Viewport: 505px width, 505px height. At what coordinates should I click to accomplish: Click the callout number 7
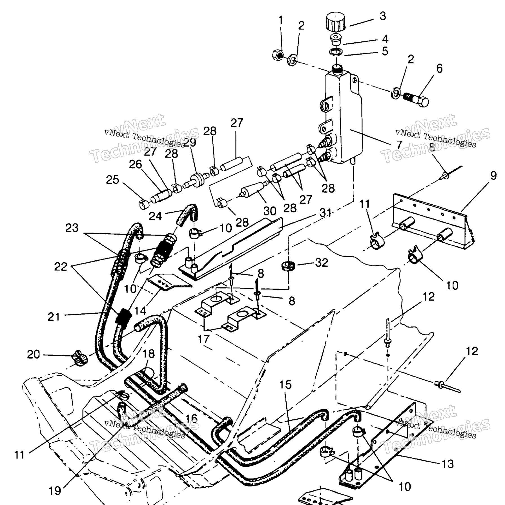click(x=399, y=145)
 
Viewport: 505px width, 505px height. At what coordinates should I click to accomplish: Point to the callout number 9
click(x=493, y=176)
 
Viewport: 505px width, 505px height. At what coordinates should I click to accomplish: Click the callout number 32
click(x=322, y=263)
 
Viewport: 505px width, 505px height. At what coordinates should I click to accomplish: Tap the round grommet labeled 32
click(x=288, y=265)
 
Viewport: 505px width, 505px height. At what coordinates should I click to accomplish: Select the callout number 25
click(x=112, y=180)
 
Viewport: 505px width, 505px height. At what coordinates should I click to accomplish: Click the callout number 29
click(x=190, y=143)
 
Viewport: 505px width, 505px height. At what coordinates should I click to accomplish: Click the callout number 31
click(x=325, y=213)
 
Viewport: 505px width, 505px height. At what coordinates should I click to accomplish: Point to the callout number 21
click(x=54, y=317)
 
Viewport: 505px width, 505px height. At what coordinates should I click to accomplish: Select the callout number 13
click(x=448, y=464)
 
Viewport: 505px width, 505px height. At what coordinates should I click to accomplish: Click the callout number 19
click(x=55, y=491)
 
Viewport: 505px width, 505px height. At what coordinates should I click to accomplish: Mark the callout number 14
click(x=140, y=311)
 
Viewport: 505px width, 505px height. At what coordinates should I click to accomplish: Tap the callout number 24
click(x=155, y=216)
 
